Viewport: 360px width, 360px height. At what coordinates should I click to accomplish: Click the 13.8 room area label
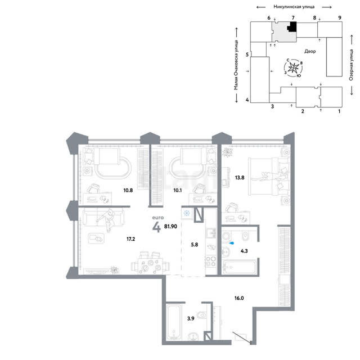[x=240, y=178]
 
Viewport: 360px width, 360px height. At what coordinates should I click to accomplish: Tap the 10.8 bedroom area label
[x=128, y=190]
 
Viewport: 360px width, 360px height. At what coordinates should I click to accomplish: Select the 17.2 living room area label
[x=130, y=239]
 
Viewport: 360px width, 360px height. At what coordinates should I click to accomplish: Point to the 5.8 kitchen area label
[x=195, y=245]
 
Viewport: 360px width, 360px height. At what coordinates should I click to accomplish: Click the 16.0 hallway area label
[x=239, y=298]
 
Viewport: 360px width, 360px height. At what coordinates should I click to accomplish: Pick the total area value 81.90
[x=170, y=226]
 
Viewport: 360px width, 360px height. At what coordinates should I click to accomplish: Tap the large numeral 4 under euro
[x=156, y=227]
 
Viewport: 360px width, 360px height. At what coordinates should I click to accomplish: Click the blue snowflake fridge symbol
[x=187, y=213]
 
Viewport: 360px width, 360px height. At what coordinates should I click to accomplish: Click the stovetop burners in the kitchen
[x=211, y=261]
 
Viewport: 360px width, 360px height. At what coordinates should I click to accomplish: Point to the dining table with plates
[x=150, y=265]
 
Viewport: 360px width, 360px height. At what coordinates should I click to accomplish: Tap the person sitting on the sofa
[x=107, y=220]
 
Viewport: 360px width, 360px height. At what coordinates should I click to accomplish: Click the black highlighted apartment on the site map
[x=292, y=26]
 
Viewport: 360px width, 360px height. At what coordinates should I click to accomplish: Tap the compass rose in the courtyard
[x=294, y=67]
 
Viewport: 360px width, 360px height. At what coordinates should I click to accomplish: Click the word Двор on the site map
[x=310, y=51]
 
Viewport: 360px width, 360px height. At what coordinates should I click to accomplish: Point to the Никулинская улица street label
[x=294, y=7]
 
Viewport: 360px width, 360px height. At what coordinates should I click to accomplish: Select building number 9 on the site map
[x=340, y=17]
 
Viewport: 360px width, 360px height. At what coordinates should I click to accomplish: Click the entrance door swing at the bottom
[x=242, y=337]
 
